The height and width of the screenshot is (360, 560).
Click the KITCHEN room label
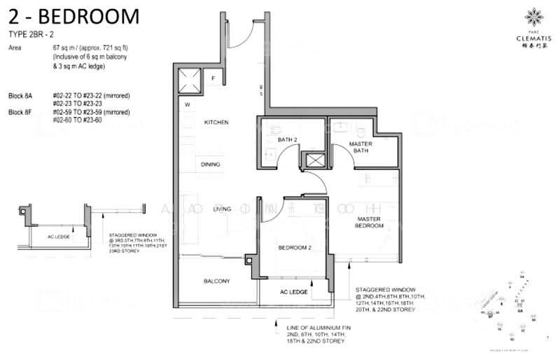(216, 123)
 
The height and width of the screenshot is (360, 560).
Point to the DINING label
(211, 165)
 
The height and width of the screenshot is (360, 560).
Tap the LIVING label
(223, 209)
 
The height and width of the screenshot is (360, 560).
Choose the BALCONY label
(217, 281)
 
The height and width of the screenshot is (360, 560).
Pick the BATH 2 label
(288, 140)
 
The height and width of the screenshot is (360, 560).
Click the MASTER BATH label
(360, 148)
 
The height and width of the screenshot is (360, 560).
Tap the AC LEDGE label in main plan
(293, 291)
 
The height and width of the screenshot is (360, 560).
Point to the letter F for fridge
(214, 78)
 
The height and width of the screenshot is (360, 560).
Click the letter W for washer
(188, 106)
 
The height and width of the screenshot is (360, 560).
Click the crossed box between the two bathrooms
(314, 160)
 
